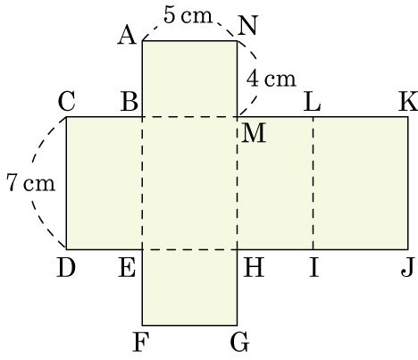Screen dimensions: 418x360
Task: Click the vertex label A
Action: click(127, 35)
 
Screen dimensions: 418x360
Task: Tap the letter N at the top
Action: click(247, 25)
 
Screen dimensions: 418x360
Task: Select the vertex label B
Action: click(130, 101)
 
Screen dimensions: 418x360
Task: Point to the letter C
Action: click(67, 101)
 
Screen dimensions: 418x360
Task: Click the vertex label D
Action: click(66, 267)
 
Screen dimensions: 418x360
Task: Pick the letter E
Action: click(127, 267)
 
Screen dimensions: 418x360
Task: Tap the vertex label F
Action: click(140, 342)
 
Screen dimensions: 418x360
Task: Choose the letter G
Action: click(239, 342)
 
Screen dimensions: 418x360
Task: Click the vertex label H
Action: click(254, 267)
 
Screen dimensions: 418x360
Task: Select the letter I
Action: click(313, 267)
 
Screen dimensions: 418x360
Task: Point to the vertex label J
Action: click(407, 267)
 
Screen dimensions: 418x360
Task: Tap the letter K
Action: click(408, 101)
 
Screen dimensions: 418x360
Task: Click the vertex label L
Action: click(312, 101)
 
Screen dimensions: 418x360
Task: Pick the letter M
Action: click(254, 133)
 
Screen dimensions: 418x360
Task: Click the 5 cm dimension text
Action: click(188, 14)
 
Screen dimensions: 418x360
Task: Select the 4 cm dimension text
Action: click(272, 79)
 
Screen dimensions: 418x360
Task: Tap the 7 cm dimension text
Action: click(30, 182)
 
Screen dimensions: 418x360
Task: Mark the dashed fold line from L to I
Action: click(313, 183)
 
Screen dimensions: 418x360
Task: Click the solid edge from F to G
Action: click(189, 325)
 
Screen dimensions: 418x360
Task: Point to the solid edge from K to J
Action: click(407, 183)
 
